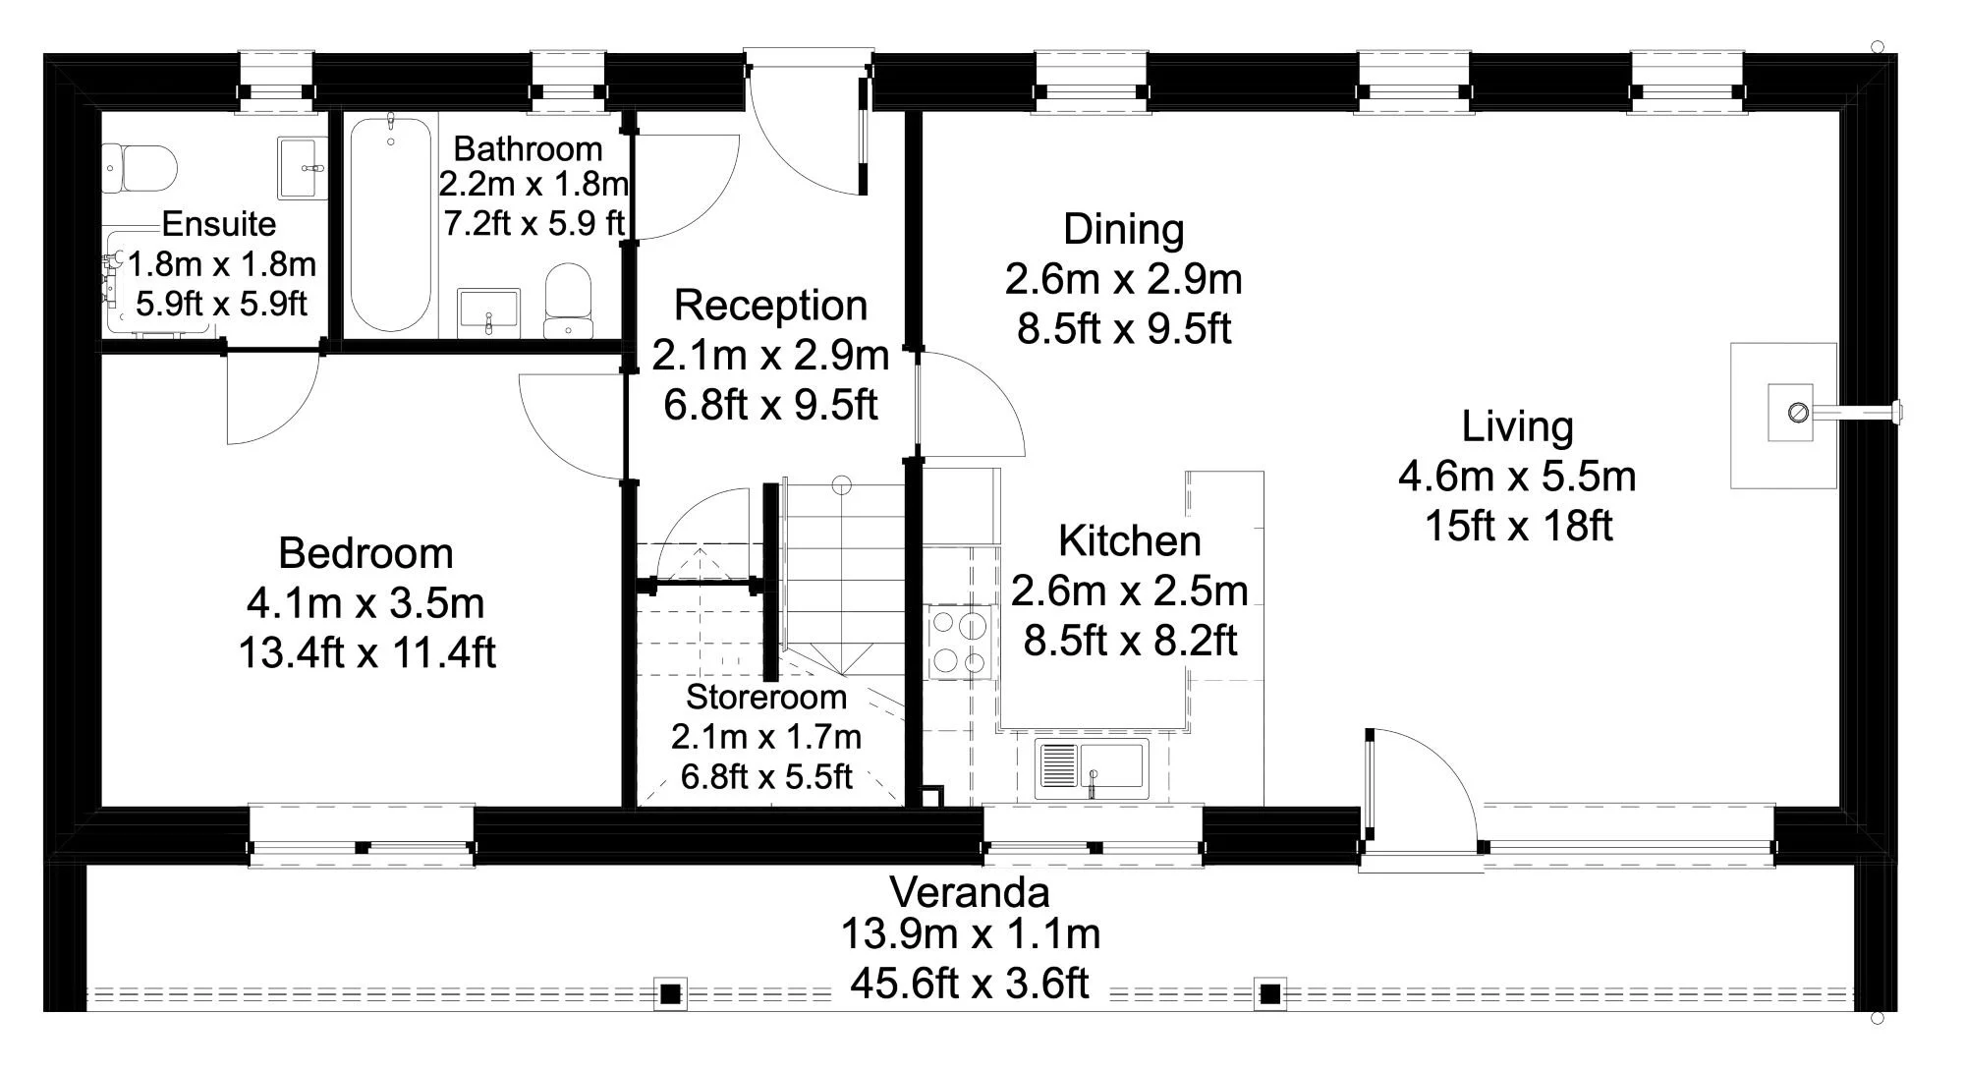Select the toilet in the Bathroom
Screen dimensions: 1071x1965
tap(568, 300)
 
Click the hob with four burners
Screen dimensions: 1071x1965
tap(958, 644)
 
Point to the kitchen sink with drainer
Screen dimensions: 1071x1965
tap(1092, 767)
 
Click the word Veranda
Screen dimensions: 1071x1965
tap(970, 892)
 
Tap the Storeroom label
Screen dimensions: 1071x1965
tap(765, 697)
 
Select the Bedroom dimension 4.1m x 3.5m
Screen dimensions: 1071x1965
tap(365, 603)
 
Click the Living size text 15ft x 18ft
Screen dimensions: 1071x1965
tap(1518, 526)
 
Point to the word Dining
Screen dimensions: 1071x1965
tap(1123, 229)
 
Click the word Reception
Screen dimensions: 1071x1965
tap(770, 306)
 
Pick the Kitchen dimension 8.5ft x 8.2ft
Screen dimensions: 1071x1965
tap(1130, 641)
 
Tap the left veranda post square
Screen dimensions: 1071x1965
tap(670, 993)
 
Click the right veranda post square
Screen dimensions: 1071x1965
tap(1269, 993)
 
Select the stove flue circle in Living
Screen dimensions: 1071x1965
tap(1798, 412)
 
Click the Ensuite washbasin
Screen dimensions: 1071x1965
tap(302, 168)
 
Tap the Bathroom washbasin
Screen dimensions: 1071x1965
tap(488, 311)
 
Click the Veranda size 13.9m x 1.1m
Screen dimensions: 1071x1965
tap(970, 933)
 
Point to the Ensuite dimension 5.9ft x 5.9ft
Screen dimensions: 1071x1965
tap(221, 304)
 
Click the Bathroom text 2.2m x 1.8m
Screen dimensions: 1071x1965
tap(533, 184)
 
